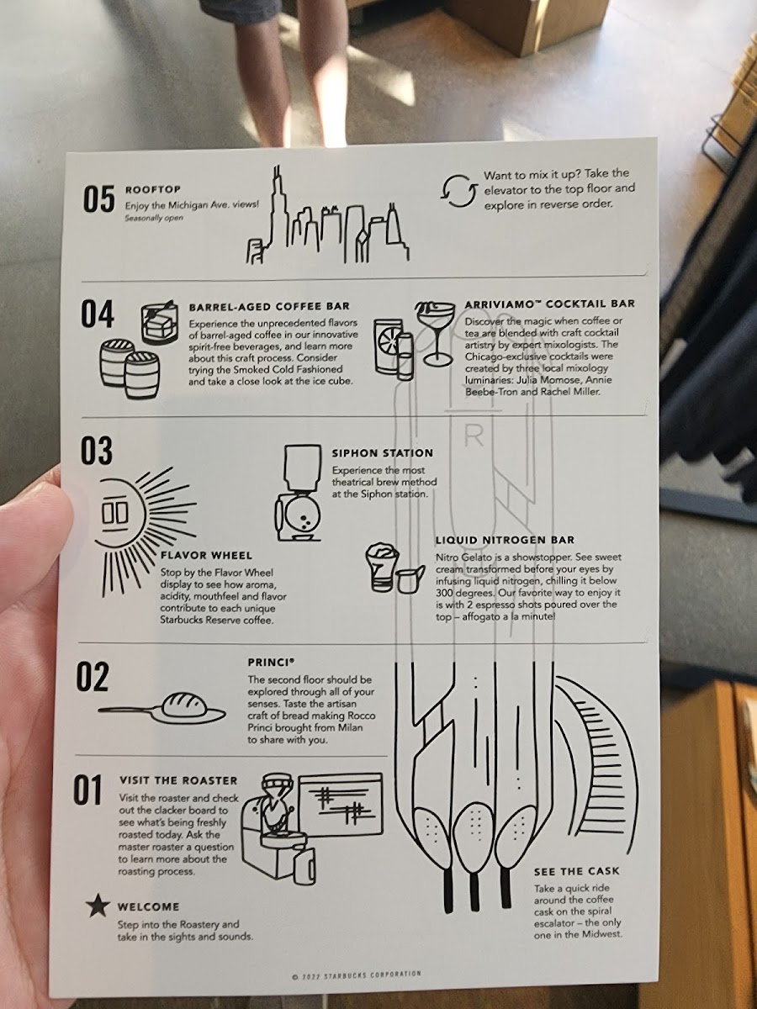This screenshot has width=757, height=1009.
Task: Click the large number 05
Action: [x=98, y=200]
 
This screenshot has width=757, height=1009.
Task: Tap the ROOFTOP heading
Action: [x=153, y=189]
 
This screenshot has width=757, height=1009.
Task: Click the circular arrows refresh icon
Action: [x=458, y=191]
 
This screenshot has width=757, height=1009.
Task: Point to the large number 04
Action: [x=97, y=314]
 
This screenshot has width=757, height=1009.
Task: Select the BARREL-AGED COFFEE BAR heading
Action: [x=269, y=307]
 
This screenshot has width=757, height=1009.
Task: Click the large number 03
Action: [x=96, y=450]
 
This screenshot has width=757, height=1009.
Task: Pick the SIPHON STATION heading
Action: [x=383, y=453]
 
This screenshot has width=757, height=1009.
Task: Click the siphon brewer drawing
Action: [x=299, y=493]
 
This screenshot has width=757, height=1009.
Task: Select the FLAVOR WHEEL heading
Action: [x=206, y=556]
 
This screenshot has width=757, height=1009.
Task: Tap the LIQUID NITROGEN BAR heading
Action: [x=506, y=540]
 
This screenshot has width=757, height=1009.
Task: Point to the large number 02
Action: [x=93, y=677]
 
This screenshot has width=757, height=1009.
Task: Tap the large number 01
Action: [x=87, y=790]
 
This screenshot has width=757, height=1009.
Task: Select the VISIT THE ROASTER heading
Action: [x=178, y=780]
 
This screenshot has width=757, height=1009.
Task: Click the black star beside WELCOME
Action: [x=98, y=906]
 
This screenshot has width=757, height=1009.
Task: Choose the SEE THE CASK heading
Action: [x=577, y=871]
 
